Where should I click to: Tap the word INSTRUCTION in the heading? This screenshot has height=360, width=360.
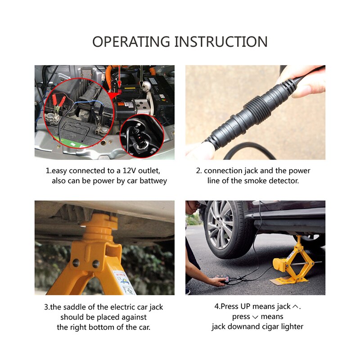tap(220, 41)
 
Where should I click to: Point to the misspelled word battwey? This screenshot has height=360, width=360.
tap(152, 181)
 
